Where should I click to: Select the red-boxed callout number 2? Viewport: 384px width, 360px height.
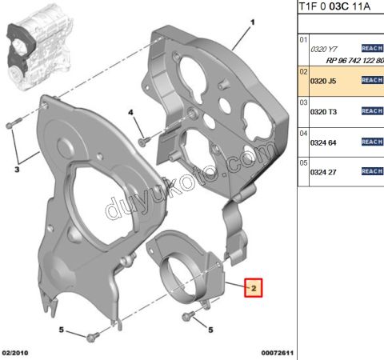(x=254, y=287)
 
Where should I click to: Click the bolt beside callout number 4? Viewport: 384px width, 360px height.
(x=142, y=141)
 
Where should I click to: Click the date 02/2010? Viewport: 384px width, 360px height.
(x=17, y=352)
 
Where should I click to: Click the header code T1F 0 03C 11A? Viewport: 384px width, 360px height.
(x=340, y=7)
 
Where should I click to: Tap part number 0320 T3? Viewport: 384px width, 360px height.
(x=324, y=110)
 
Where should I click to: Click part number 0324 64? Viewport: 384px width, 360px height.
(x=324, y=141)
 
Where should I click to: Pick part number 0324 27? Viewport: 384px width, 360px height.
(x=324, y=171)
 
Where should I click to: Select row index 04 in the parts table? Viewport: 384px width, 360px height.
(x=303, y=133)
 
